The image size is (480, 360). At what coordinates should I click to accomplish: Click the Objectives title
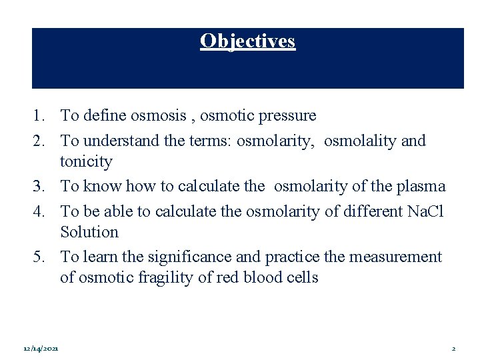[x=247, y=41]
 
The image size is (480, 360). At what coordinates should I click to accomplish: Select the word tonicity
[x=86, y=162]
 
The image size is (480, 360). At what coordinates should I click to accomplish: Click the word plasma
[x=421, y=186]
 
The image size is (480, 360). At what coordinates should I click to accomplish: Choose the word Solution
[x=89, y=233]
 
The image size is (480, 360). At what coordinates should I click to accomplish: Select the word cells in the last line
[x=303, y=277]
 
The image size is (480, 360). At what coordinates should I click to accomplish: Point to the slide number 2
[x=453, y=349]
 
